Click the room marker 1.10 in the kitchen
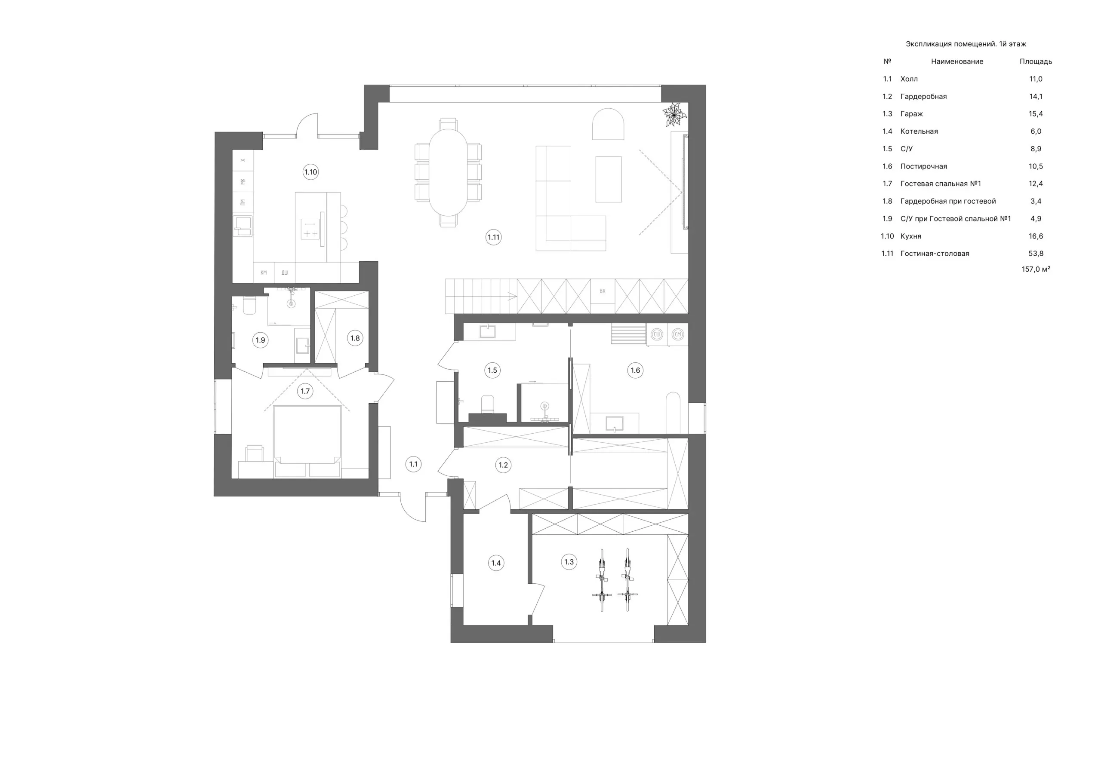coord(311,172)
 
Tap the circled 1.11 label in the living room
coord(493,237)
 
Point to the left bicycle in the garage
coord(602,580)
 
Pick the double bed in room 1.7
coord(308,441)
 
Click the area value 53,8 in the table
coord(1036,254)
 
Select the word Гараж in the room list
coord(912,114)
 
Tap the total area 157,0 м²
coord(1036,270)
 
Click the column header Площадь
coord(1036,61)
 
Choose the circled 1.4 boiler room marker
coord(496,563)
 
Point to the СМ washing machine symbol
coord(677,334)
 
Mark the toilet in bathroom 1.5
coord(488,404)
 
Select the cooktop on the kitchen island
coord(310,229)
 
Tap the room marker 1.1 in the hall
coord(413,464)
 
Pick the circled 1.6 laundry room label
coord(635,370)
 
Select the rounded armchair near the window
coord(608,124)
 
